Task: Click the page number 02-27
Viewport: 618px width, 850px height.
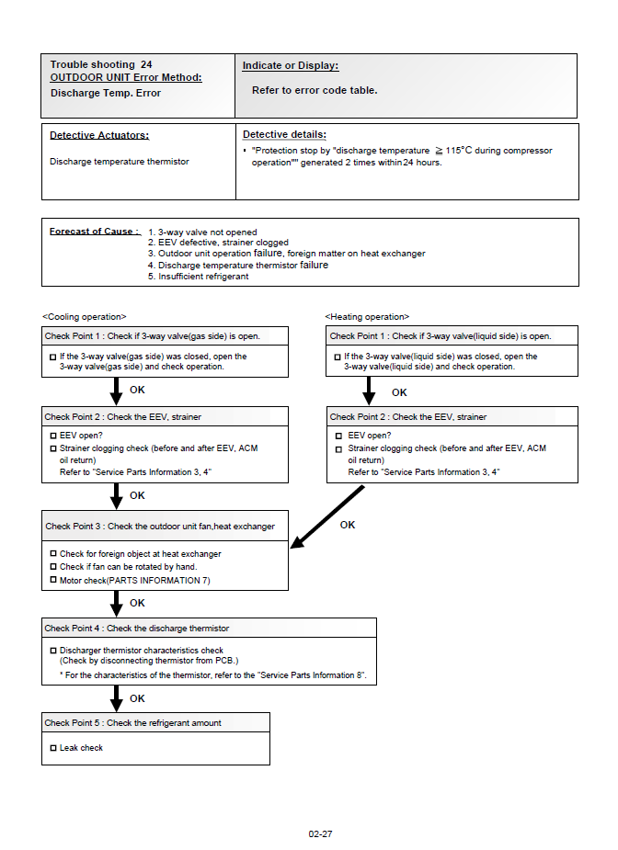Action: [x=320, y=834]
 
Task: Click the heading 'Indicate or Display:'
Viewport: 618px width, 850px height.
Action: [x=290, y=66]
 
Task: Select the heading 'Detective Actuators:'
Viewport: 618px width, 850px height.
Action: [x=99, y=135]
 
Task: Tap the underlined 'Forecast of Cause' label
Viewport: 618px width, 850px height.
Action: [x=93, y=232]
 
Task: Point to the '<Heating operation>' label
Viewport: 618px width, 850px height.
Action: [x=366, y=316]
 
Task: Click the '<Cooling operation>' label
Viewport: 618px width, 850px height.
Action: [x=84, y=316]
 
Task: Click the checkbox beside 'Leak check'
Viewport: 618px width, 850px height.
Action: [x=52, y=748]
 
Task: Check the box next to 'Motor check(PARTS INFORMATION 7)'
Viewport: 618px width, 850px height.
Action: [x=52, y=580]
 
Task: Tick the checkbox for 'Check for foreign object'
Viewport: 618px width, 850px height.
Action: [x=52, y=554]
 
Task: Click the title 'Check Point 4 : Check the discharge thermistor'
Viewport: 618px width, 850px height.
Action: [x=137, y=629]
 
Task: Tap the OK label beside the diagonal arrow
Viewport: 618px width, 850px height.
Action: [x=348, y=525]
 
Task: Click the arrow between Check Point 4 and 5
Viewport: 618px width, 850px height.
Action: [x=116, y=697]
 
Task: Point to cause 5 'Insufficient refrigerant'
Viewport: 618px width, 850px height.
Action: [x=202, y=277]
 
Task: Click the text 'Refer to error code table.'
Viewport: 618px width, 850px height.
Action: [x=315, y=91]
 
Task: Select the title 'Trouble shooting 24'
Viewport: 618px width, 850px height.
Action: [x=101, y=65]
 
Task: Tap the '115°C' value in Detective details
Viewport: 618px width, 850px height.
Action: [x=459, y=151]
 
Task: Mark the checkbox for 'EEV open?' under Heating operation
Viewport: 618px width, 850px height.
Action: [x=338, y=436]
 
